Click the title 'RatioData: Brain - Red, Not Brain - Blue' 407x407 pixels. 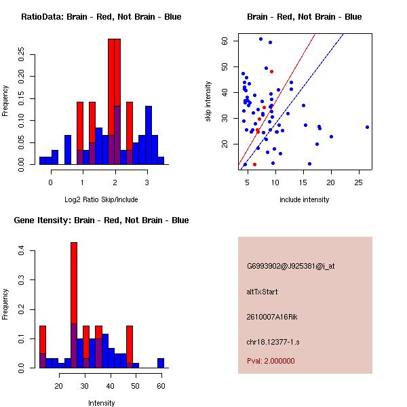click(x=101, y=17)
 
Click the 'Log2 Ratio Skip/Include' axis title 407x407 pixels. click(x=101, y=199)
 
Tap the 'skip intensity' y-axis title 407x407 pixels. click(x=208, y=102)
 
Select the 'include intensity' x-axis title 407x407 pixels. click(x=305, y=199)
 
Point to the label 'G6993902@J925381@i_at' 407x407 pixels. click(x=290, y=266)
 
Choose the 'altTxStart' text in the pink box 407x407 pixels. click(x=262, y=292)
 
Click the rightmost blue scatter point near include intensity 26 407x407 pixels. click(x=367, y=127)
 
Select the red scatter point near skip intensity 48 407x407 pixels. click(x=271, y=71)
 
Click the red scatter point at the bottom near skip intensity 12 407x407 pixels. click(x=254, y=164)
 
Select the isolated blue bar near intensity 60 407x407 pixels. click(x=161, y=363)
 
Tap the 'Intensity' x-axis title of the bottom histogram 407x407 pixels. click(x=101, y=403)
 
